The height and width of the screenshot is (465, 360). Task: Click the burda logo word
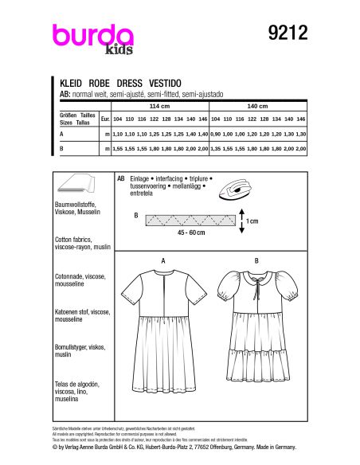pos(92,36)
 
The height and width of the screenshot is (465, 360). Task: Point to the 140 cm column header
pos(259,104)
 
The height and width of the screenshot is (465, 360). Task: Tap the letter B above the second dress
pos(256,260)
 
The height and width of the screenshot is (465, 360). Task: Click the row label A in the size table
pos(62,135)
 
